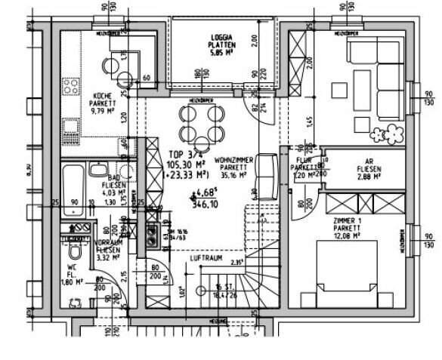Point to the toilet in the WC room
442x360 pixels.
point(76,248)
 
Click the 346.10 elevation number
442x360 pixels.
point(206,205)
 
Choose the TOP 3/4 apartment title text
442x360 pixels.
point(180,152)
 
